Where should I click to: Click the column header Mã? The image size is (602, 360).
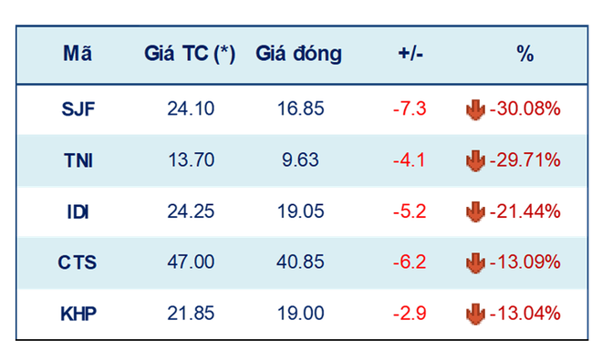pos(78,54)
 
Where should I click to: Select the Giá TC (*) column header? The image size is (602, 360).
pos(190,54)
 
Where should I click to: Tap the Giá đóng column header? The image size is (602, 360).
pos(298,54)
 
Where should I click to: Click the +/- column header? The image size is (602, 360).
pos(409,54)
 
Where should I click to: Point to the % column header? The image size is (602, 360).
pos(524,54)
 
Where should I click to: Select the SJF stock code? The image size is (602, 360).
pos(78,109)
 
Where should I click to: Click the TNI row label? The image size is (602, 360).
pos(78,160)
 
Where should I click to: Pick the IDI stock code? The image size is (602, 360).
pos(78,211)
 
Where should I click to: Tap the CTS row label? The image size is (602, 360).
pos(78,262)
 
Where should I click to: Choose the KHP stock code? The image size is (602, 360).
pos(78,314)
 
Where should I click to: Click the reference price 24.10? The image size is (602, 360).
pos(191,109)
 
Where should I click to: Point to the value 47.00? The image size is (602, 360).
pos(191,262)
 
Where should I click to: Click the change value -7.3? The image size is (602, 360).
pos(409,109)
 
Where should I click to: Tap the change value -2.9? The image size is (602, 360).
pos(409,314)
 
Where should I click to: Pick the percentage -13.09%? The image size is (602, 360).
pos(525,262)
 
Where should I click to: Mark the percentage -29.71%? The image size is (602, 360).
pos(525,160)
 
